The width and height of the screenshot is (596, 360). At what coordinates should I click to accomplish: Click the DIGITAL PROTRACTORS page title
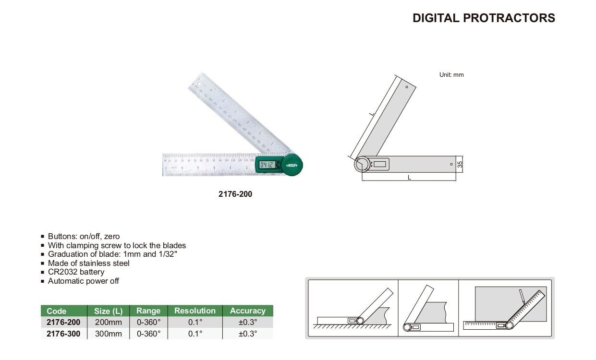click(x=484, y=18)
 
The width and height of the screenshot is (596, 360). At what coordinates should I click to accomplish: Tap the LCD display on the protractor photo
click(x=267, y=165)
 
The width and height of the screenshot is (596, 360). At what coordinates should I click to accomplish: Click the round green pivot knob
click(x=292, y=165)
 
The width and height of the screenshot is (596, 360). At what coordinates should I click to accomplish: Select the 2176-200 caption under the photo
click(x=235, y=194)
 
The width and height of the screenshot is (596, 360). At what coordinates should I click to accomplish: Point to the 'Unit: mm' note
click(x=451, y=75)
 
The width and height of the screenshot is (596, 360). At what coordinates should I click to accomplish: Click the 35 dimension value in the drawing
click(x=460, y=164)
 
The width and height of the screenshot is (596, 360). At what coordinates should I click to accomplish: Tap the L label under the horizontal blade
click(x=409, y=177)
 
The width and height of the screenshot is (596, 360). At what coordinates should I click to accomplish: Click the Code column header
click(x=57, y=311)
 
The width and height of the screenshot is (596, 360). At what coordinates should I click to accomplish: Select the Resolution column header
click(x=195, y=311)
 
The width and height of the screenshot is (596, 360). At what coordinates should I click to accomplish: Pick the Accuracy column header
click(x=247, y=311)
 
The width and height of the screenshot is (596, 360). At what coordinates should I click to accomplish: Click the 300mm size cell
click(x=108, y=334)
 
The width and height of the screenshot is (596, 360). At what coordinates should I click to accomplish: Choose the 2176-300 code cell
click(x=63, y=334)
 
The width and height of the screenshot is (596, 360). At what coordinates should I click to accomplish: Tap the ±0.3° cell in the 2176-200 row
click(x=247, y=323)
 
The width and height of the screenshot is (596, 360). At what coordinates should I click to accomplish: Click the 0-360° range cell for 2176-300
click(x=148, y=334)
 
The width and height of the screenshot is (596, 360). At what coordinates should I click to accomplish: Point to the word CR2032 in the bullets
click(x=63, y=272)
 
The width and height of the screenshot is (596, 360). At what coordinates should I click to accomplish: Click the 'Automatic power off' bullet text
click(x=84, y=281)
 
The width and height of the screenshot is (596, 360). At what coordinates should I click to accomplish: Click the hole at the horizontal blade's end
click(x=451, y=164)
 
